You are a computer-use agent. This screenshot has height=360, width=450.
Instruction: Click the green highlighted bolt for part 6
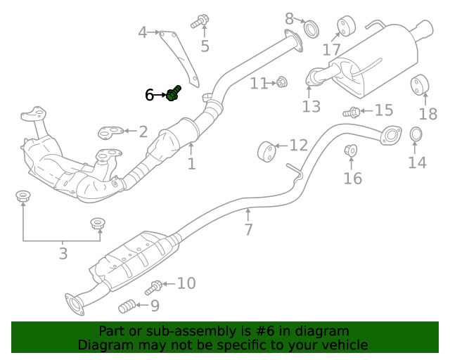tap(173, 94)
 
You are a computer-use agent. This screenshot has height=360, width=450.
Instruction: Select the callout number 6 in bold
tap(149, 94)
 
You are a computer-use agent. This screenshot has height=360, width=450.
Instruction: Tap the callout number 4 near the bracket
tap(142, 32)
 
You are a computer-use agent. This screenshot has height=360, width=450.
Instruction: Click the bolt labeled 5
tap(200, 21)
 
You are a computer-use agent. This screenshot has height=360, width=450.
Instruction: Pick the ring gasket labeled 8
tap(310, 30)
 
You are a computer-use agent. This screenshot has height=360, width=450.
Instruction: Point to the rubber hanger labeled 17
tap(345, 25)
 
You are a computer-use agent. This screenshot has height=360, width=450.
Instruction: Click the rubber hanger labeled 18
tap(420, 84)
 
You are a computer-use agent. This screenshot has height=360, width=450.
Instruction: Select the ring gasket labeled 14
tap(416, 134)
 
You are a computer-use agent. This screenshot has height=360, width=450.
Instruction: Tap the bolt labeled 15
tap(352, 111)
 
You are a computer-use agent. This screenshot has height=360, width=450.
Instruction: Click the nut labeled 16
tap(350, 150)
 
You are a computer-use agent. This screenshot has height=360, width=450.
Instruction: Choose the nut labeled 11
tap(281, 82)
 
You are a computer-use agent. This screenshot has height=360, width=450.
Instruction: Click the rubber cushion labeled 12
tap(266, 150)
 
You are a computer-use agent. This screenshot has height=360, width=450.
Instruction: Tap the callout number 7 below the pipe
tap(248, 229)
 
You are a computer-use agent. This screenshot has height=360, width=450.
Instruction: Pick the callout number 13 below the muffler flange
tap(311, 106)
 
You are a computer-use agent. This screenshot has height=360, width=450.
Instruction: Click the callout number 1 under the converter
tap(191, 165)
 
